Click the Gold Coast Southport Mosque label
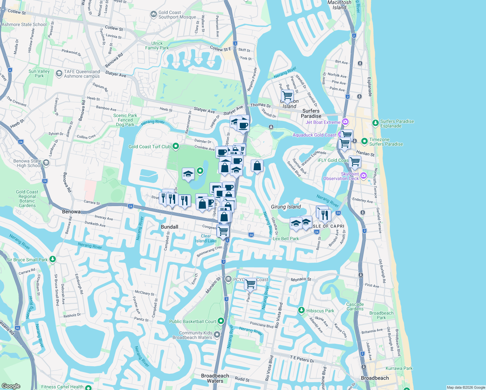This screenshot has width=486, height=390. pyautogui.click(x=177, y=15)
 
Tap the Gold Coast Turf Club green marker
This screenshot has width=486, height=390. pyautogui.click(x=176, y=146)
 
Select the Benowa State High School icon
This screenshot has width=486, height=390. pyautogui.click(x=46, y=163)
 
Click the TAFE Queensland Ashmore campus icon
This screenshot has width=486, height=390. pyautogui.click(x=59, y=73)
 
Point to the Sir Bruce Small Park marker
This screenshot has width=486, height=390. pyautogui.click(x=53, y=259)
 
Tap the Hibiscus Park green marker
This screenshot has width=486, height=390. pyautogui.click(x=301, y=310)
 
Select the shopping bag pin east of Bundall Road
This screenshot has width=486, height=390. pyautogui.click(x=257, y=166)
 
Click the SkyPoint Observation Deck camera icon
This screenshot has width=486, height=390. pyautogui.click(x=364, y=176)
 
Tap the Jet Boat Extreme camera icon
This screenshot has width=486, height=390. pyautogui.click(x=345, y=122)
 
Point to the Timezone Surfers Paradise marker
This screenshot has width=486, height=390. pyautogui.click(x=364, y=141)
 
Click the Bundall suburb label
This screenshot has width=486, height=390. pyautogui.click(x=170, y=227)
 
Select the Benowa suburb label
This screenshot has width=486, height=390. pyautogui.click(x=71, y=212)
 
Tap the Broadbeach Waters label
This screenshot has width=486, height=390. pyautogui.click(x=215, y=378)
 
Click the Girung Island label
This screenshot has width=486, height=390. pyautogui.click(x=286, y=207)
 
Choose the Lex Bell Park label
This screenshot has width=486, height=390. pyautogui.click(x=286, y=239)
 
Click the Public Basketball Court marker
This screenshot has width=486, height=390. pyautogui.click(x=221, y=321)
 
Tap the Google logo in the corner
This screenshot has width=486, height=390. pyautogui.click(x=11, y=386)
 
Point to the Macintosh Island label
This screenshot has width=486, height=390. pyautogui.click(x=339, y=5)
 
